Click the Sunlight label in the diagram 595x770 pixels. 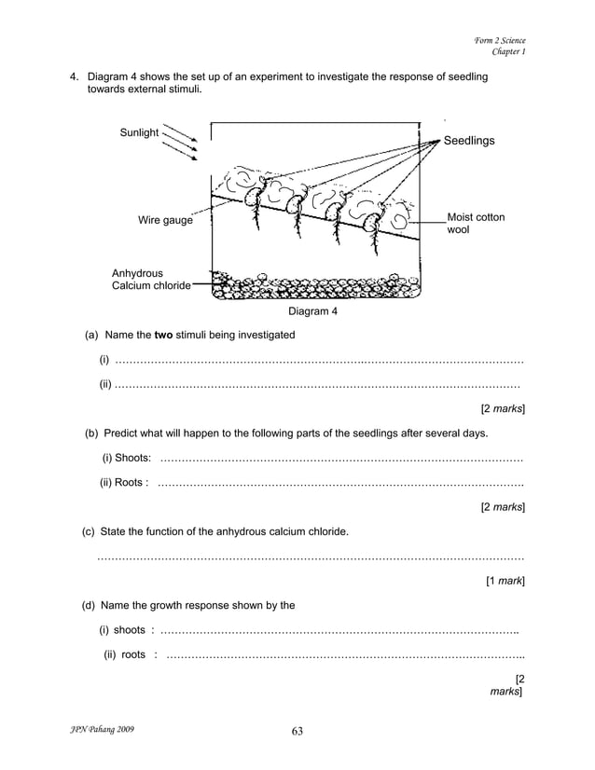point(139,132)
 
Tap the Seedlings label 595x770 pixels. point(469,140)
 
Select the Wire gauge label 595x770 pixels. point(165,221)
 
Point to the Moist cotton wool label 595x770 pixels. point(476,223)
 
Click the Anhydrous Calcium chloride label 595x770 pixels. point(151,280)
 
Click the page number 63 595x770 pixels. point(297,730)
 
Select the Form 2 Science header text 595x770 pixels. point(500,40)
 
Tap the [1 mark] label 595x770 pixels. point(505,581)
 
